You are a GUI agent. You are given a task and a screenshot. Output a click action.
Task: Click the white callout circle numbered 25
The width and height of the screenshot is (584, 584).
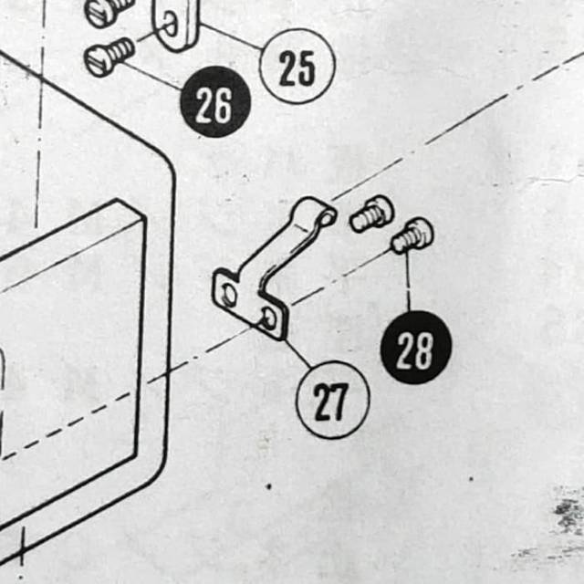pyautogui.click(x=297, y=66)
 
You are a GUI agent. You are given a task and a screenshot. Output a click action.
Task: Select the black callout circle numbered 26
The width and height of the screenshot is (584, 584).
pyautogui.click(x=215, y=101)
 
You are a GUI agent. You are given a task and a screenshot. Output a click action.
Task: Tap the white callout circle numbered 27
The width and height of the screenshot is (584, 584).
pyautogui.click(x=332, y=400)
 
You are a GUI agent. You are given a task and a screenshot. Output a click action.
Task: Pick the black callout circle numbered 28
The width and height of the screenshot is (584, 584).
pyautogui.click(x=416, y=347)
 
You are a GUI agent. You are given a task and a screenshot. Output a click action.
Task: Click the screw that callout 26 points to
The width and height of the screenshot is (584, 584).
pyautogui.click(x=109, y=57)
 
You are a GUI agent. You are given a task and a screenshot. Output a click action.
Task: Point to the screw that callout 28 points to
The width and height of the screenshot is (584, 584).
pyautogui.click(x=412, y=235)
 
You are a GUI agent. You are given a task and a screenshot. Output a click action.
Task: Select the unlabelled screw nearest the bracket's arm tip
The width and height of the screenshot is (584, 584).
pyautogui.click(x=371, y=214)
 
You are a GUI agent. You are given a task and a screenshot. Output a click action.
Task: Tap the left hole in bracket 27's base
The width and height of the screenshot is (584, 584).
pyautogui.click(x=227, y=294)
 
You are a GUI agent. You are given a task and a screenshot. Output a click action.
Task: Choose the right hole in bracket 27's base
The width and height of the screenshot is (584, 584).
pyautogui.click(x=269, y=318)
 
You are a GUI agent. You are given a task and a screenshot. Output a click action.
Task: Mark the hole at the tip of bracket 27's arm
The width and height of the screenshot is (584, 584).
pyautogui.click(x=328, y=217)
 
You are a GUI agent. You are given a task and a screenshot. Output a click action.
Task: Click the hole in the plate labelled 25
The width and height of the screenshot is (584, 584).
pyautogui.click(x=171, y=25)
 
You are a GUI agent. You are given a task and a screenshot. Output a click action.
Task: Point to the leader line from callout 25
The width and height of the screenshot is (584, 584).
pyautogui.click(x=231, y=36)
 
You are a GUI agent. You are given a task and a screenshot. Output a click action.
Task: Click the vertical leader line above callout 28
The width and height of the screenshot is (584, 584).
pyautogui.click(x=408, y=282)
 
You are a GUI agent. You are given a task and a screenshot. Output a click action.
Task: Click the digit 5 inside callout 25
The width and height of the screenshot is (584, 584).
pyautogui.click(x=307, y=68)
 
